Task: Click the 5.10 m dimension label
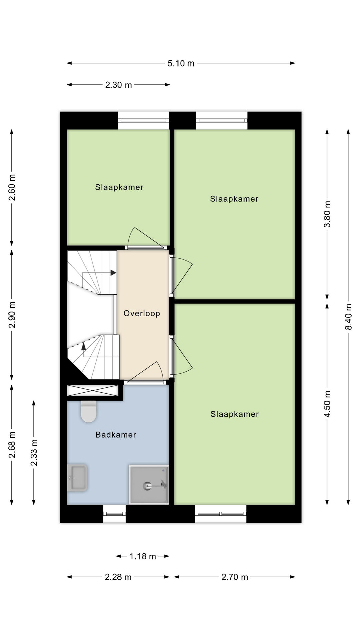click(x=181, y=63)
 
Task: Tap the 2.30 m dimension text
click(x=119, y=85)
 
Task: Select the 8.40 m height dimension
click(x=348, y=317)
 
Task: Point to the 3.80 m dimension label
click(x=327, y=214)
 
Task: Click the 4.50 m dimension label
click(x=327, y=404)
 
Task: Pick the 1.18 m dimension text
click(x=143, y=556)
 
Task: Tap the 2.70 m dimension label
click(x=235, y=577)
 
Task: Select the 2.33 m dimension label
click(x=34, y=453)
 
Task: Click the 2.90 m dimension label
click(x=12, y=315)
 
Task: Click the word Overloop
click(x=142, y=313)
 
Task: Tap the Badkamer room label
click(x=116, y=435)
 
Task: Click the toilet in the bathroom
click(x=89, y=411)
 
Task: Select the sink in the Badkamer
click(x=77, y=478)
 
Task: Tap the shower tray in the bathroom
click(x=149, y=484)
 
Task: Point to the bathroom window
click(x=114, y=514)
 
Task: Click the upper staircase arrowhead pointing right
click(x=113, y=273)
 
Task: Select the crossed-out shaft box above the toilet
click(x=93, y=391)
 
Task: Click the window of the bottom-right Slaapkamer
click(x=221, y=514)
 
